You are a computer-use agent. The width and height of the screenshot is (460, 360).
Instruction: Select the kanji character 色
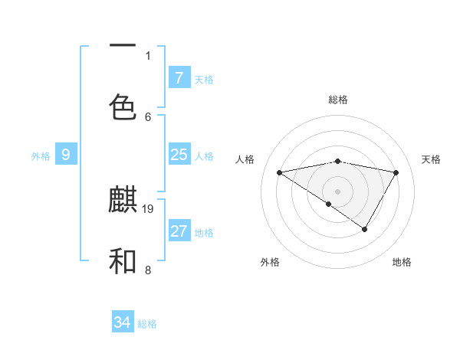pyautogui.click(x=123, y=106)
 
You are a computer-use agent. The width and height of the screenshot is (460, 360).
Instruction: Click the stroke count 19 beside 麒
pyautogui.click(x=148, y=208)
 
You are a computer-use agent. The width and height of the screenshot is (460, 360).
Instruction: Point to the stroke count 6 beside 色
pyautogui.click(x=148, y=116)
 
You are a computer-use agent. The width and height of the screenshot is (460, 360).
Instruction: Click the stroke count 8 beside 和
pyautogui.click(x=148, y=270)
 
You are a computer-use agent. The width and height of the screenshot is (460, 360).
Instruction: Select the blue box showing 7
pyautogui.click(x=179, y=78)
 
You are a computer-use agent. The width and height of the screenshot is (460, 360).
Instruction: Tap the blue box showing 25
pyautogui.click(x=179, y=155)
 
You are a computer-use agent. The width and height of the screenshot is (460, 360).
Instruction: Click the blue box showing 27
pyautogui.click(x=179, y=231)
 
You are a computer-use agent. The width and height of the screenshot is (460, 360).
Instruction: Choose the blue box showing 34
pyautogui.click(x=123, y=322)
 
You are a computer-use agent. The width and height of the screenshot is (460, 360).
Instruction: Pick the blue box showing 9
pyautogui.click(x=66, y=155)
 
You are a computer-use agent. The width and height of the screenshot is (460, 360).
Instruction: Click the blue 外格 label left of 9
pyautogui.click(x=41, y=156)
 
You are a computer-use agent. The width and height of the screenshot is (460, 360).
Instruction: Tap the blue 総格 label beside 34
pyautogui.click(x=147, y=324)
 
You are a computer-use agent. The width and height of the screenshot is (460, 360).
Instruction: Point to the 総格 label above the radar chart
pyautogui.click(x=338, y=100)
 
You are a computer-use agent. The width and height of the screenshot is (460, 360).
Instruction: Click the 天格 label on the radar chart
pyautogui.click(x=432, y=159)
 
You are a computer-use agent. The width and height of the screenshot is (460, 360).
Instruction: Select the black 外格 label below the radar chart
pyautogui.click(x=270, y=262)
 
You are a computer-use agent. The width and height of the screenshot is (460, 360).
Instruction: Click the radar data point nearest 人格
pyautogui.click(x=280, y=172)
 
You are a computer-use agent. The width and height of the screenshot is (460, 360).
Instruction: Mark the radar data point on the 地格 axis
pyautogui.click(x=365, y=229)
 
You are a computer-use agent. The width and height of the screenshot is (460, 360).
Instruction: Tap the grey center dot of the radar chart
pyautogui.click(x=337, y=191)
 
